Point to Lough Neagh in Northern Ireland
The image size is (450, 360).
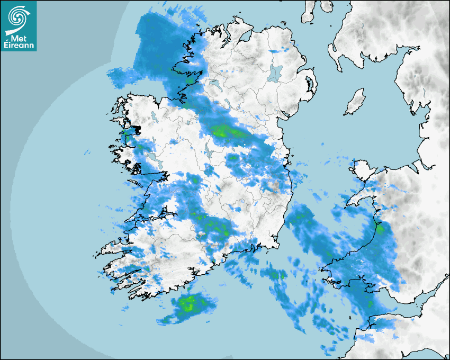(x=275, y=73)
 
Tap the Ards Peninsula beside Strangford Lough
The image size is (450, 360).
(x=313, y=85)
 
